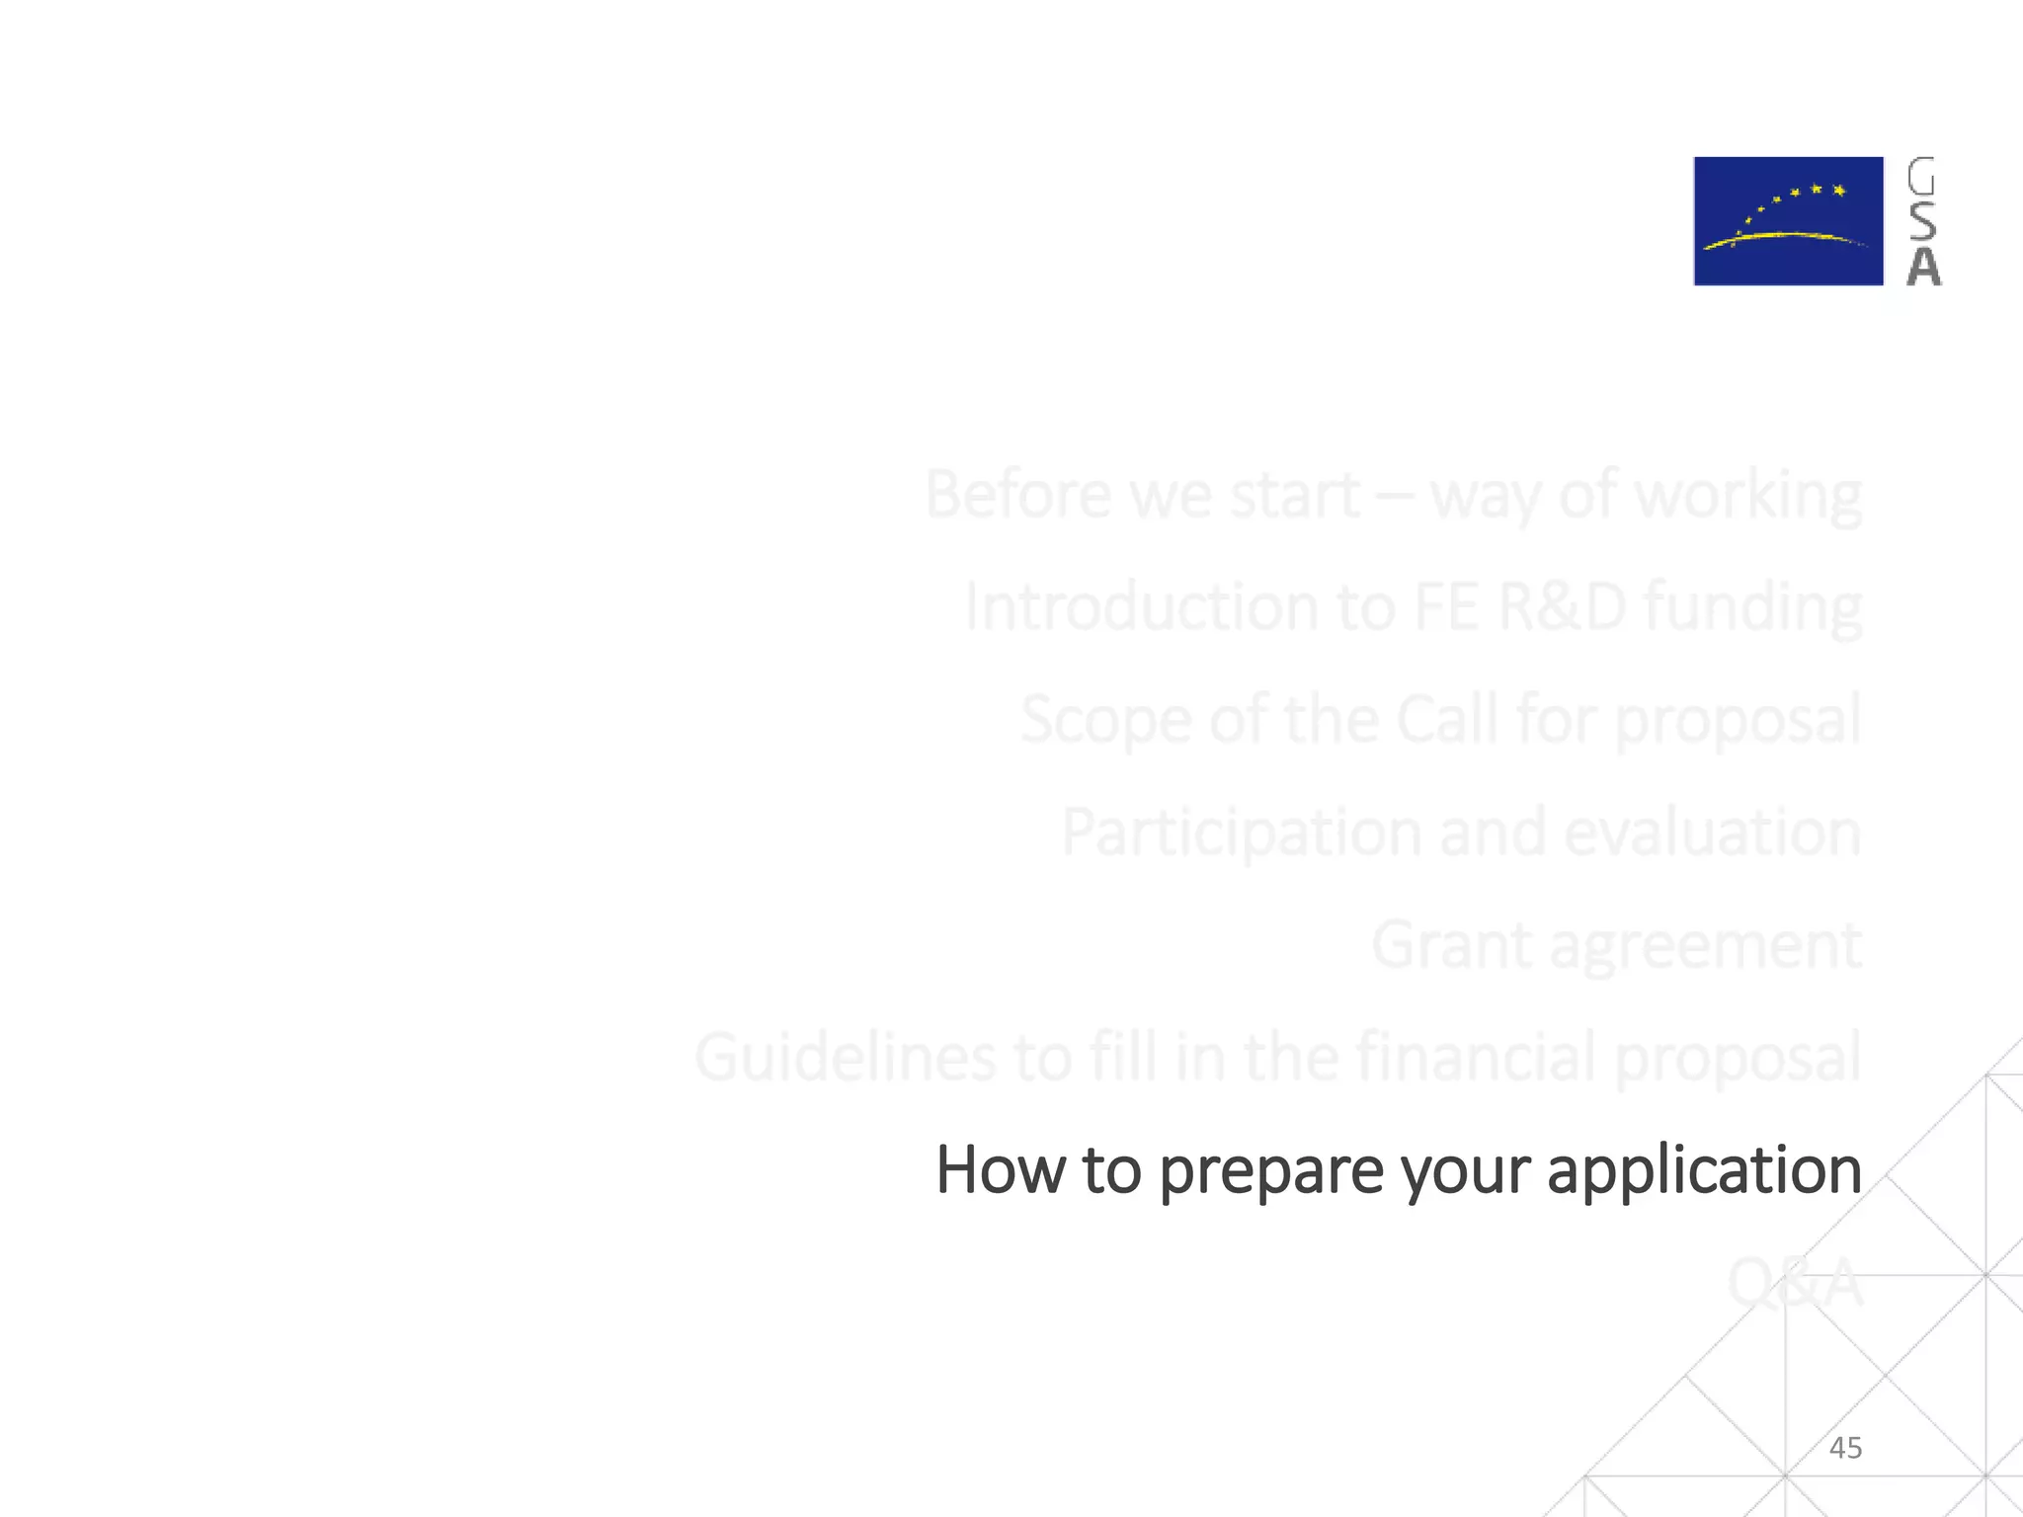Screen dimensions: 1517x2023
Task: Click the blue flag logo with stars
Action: (1788, 221)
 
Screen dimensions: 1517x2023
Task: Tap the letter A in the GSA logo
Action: (1922, 267)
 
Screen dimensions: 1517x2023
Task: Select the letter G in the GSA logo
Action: (1921, 177)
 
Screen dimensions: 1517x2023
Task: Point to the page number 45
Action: (1845, 1448)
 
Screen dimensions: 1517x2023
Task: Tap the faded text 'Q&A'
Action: (1794, 1284)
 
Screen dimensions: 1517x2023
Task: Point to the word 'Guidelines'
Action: (845, 1057)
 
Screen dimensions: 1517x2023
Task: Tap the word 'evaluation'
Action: (1713, 833)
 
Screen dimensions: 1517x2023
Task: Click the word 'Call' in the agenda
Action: (1447, 719)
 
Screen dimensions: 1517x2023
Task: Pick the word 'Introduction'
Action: (1140, 606)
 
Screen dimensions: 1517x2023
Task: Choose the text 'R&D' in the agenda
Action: (1562, 606)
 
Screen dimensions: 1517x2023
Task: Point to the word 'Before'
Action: (1017, 494)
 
